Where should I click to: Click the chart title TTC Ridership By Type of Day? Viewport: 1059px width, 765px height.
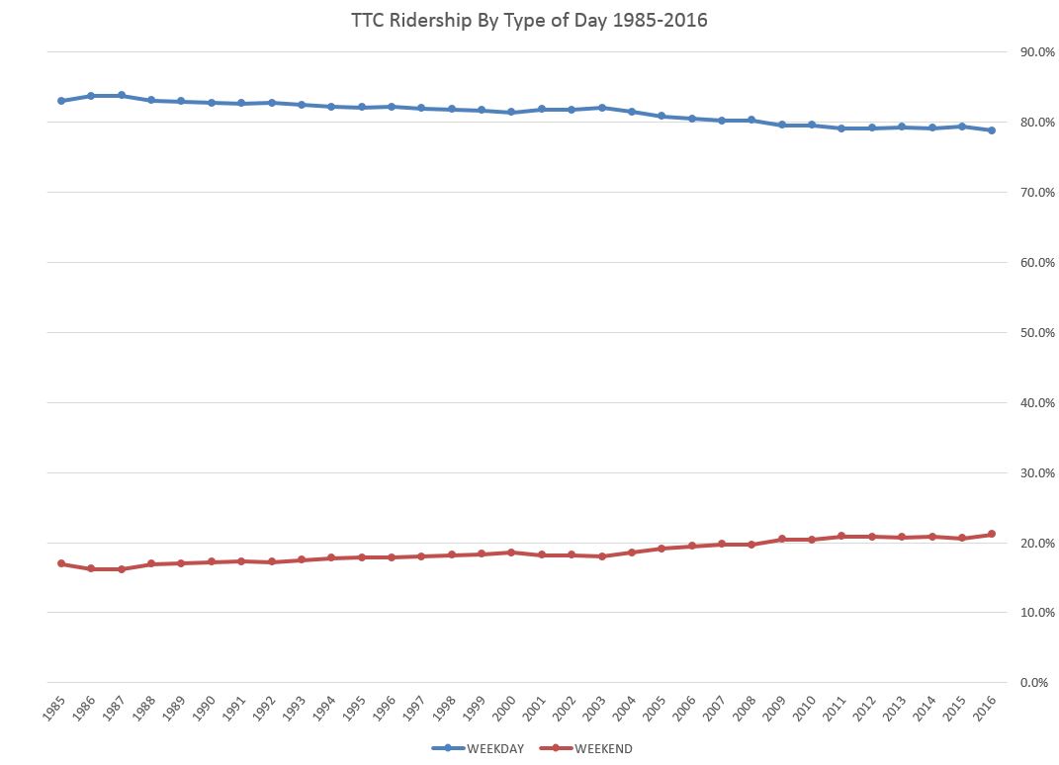point(529,20)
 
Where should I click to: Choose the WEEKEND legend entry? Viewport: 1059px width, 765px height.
point(591,748)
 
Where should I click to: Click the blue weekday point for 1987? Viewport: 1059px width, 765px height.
point(122,96)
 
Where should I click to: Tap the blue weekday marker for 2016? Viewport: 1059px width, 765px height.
point(992,130)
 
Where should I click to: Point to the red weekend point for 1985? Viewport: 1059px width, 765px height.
point(61,563)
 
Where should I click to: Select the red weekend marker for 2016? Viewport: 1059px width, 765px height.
point(992,535)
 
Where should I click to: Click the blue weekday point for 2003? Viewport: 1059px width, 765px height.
point(601,108)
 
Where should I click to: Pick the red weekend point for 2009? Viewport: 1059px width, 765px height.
point(781,539)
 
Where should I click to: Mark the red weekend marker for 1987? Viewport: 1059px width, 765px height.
point(122,569)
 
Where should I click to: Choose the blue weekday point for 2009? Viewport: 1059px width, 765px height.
point(781,125)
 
